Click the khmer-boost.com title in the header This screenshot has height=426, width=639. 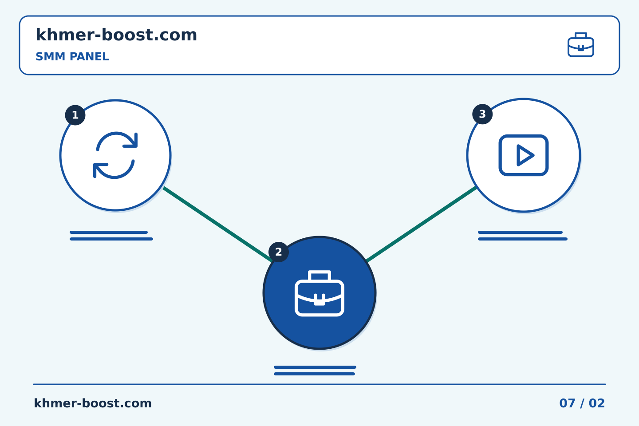[x=116, y=35]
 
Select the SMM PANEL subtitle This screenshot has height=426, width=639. [x=72, y=56]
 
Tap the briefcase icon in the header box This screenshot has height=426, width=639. [x=581, y=45]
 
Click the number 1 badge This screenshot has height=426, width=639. [x=75, y=115]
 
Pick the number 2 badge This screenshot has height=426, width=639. [x=278, y=252]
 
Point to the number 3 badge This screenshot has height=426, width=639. [x=482, y=114]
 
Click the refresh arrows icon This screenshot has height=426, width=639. [x=115, y=155]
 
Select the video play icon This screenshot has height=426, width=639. [x=524, y=155]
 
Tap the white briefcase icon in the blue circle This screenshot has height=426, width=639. [x=319, y=293]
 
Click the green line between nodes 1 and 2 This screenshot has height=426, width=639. [x=217, y=224]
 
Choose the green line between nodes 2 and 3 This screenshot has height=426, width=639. [x=422, y=224]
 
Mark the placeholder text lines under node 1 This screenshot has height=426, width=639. [x=111, y=236]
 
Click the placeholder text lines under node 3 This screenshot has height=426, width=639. [x=523, y=236]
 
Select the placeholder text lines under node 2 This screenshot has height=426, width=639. [x=315, y=371]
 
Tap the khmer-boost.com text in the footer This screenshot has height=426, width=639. [x=93, y=403]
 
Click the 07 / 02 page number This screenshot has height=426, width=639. [x=582, y=403]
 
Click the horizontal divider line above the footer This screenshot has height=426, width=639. [x=319, y=384]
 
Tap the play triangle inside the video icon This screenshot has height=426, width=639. [x=525, y=155]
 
